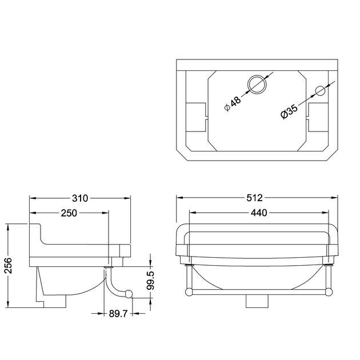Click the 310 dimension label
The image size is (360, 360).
point(80,198)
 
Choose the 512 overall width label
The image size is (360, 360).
point(255,198)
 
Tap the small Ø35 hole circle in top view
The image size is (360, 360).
point(319,90)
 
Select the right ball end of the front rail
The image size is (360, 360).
point(330,291)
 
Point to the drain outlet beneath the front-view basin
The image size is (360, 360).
point(255,301)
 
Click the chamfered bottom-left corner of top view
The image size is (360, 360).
point(182,154)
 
